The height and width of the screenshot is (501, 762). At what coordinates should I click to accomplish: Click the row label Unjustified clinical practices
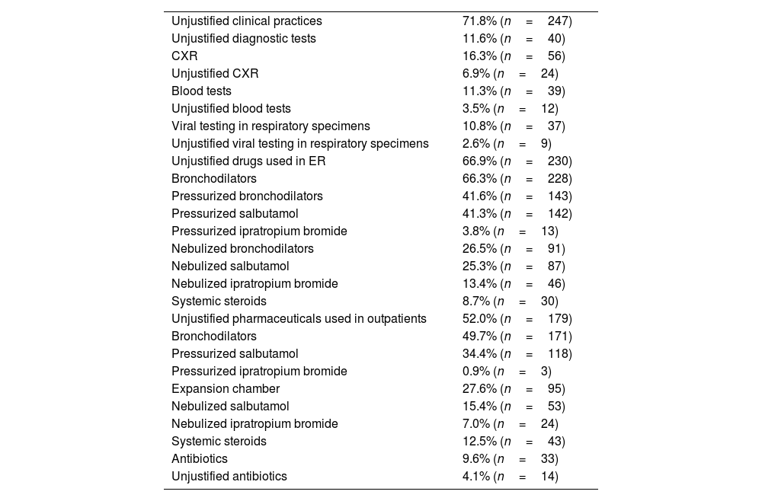pyautogui.click(x=246, y=21)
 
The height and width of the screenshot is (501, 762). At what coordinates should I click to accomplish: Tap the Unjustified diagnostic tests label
pyautogui.click(x=243, y=39)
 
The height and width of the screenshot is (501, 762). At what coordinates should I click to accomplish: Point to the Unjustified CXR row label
pyautogui.click(x=215, y=74)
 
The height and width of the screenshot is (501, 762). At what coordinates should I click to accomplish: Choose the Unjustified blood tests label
pyautogui.click(x=231, y=109)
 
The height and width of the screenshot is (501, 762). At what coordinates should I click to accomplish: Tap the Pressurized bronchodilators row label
pyautogui.click(x=247, y=196)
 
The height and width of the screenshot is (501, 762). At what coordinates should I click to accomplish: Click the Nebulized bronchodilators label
pyautogui.click(x=242, y=249)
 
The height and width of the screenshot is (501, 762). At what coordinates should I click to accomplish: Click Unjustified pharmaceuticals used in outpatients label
pyautogui.click(x=299, y=319)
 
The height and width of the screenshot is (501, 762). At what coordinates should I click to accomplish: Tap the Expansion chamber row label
pyautogui.click(x=220, y=389)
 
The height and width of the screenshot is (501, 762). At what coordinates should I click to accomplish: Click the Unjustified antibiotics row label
pyautogui.click(x=229, y=477)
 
